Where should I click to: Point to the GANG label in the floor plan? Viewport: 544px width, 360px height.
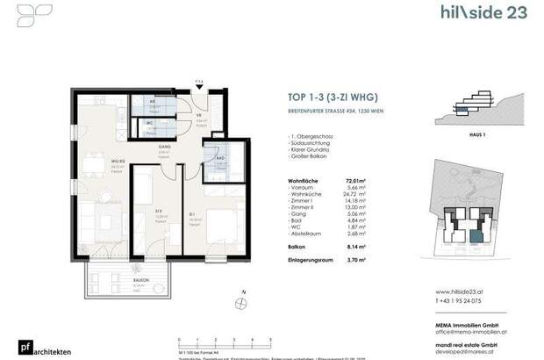coord(163,147)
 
